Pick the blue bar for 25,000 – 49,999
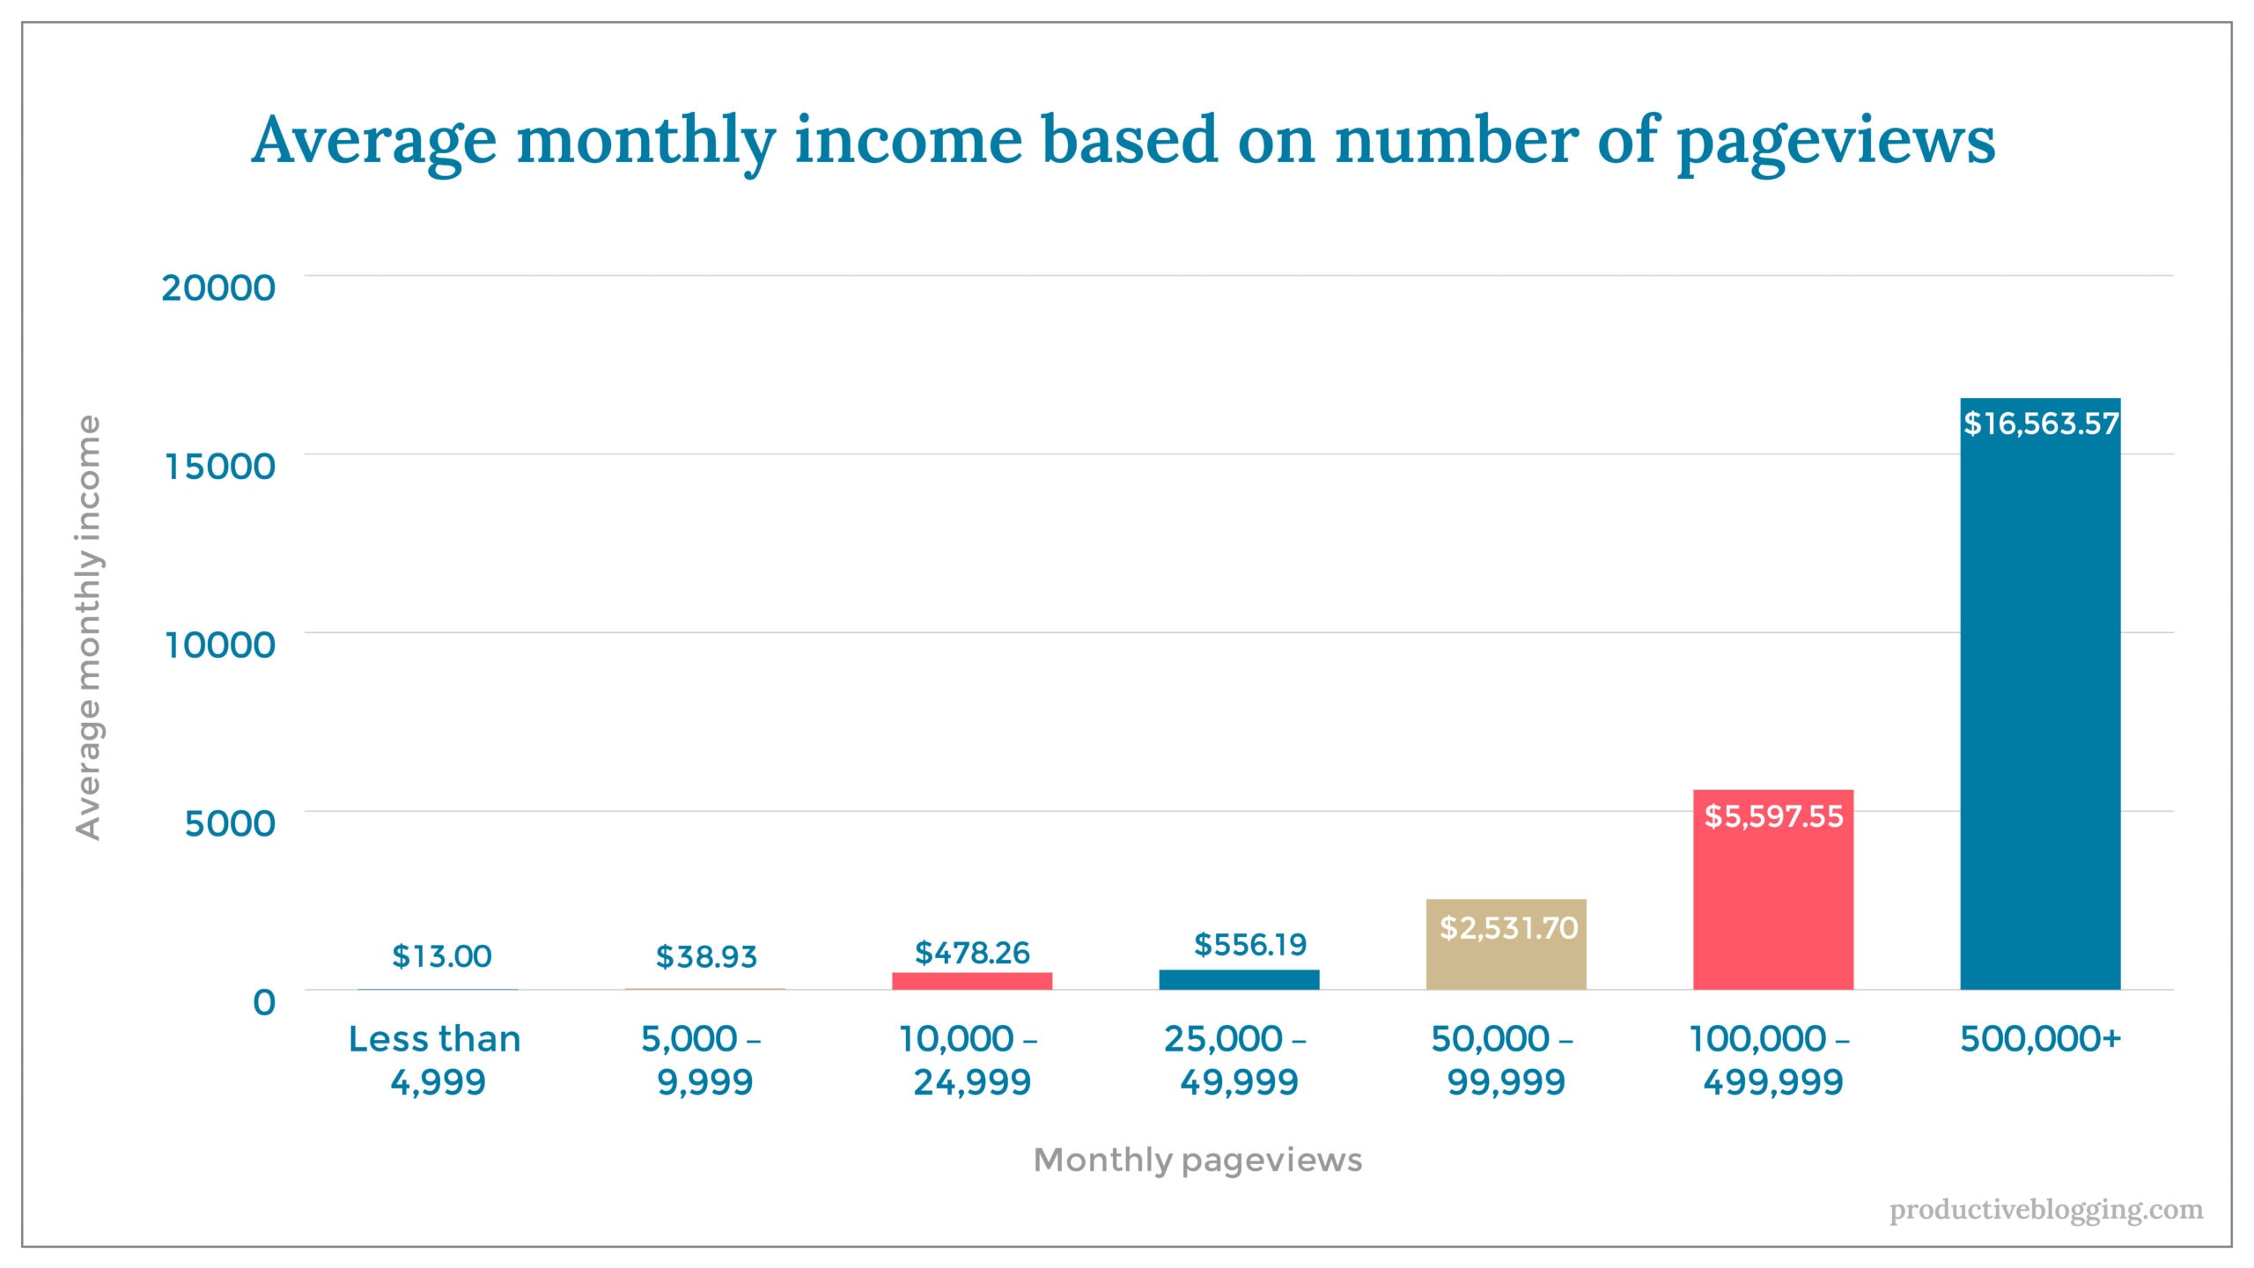tap(1239, 979)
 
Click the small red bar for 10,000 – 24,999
tap(971, 981)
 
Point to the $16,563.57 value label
tap(2040, 424)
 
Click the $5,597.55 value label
tap(1773, 816)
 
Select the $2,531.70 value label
tap(1507, 927)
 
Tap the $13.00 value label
tap(441, 955)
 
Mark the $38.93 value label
tap(706, 956)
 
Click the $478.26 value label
tap(972, 952)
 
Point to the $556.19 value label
tap(1249, 944)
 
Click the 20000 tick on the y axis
tap(218, 287)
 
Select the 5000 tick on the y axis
tap(229, 823)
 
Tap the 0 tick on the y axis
tap(263, 1002)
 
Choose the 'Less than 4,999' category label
tap(436, 1059)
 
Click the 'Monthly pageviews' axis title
tap(1197, 1160)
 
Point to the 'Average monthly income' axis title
tap(88, 627)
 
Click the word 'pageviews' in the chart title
tap(1835, 141)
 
